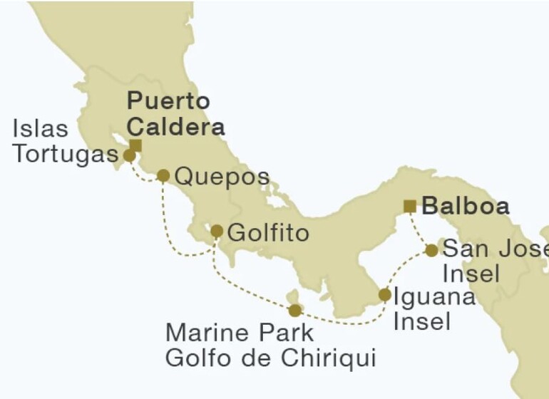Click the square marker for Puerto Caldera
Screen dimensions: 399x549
135,145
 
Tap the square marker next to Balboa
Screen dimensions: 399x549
409,207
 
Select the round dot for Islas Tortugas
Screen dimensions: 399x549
129,155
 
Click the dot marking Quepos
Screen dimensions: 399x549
163,175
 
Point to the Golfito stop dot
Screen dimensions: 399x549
217,232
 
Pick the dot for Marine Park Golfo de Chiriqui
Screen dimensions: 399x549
294,311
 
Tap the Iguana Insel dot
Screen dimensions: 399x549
384,294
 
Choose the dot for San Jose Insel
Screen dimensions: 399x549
431,250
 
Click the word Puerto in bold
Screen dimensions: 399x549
168,100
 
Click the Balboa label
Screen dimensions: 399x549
466,207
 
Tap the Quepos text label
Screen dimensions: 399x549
222,177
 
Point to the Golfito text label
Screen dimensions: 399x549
269,233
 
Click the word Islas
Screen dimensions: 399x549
41,130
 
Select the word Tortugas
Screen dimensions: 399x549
64,155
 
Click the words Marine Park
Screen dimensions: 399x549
240,332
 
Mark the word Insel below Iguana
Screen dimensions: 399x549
422,321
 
